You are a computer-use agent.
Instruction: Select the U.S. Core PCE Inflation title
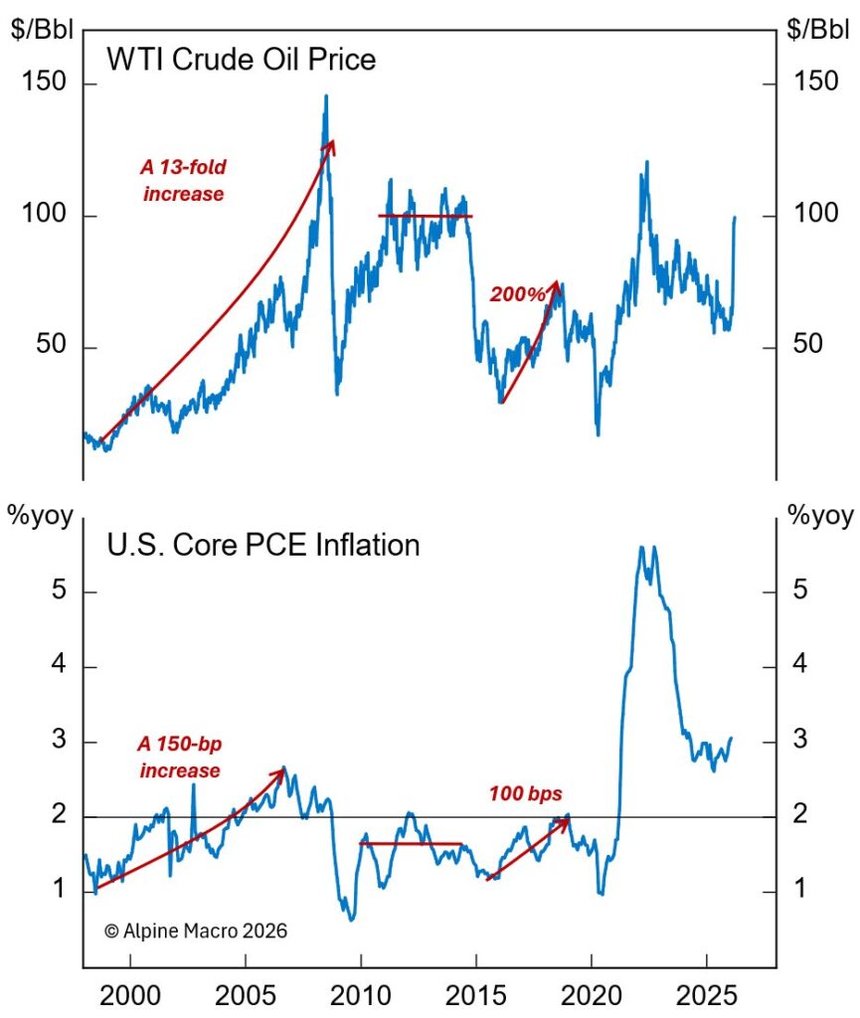pos(262,545)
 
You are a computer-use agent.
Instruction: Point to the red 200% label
pos(517,294)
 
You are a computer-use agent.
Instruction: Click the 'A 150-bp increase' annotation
pos(180,756)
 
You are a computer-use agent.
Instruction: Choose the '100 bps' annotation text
pos(525,793)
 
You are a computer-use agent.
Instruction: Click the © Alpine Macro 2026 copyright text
pos(195,932)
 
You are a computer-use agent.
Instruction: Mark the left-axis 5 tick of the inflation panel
pos(61,592)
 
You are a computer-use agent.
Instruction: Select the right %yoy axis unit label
pos(819,516)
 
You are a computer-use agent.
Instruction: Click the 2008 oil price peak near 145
pos(325,96)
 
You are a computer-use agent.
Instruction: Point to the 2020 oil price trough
pos(598,433)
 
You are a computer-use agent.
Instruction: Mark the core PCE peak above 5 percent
pos(642,548)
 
